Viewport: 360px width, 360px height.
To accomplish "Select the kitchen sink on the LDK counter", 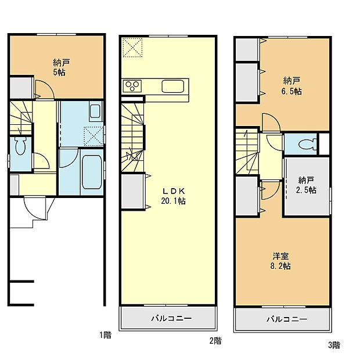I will coord(172,87).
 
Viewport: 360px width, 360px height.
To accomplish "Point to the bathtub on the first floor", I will coord(91,171).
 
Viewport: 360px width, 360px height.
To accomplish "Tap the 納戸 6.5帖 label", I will coord(292,87).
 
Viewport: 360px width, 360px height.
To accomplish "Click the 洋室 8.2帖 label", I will coord(281,261).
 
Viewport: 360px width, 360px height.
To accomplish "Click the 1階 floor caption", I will coord(105,335).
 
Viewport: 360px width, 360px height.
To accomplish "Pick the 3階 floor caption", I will coord(334,345).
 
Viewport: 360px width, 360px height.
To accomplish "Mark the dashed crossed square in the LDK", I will coord(132,47).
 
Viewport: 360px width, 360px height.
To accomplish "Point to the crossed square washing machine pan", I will coord(93,135).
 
